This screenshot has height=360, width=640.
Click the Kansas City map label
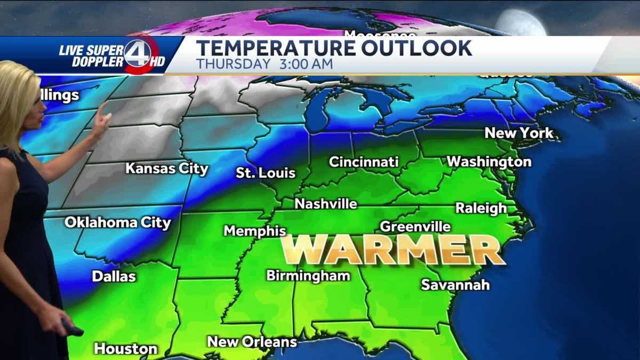pyautogui.click(x=166, y=169)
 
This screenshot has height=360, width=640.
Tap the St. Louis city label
pyautogui.click(x=266, y=173)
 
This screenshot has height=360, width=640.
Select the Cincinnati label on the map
pyautogui.click(x=364, y=162)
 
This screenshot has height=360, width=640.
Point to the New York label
pyautogui.click(x=519, y=133)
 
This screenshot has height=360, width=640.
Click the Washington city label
pyautogui.click(x=489, y=161)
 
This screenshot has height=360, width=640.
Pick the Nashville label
pyautogui.click(x=326, y=204)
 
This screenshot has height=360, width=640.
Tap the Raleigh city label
pyautogui.click(x=481, y=208)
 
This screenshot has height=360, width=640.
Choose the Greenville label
pyautogui.click(x=415, y=227)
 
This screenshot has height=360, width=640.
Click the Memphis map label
pyautogui.click(x=255, y=231)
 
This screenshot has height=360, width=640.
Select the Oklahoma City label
pyautogui.click(x=117, y=222)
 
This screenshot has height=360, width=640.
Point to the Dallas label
pyautogui.click(x=114, y=276)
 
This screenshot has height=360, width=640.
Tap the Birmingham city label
pyautogui.click(x=308, y=276)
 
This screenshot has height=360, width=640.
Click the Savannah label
pyautogui.click(x=455, y=284)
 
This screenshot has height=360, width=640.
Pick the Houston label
pyautogui.click(x=125, y=349)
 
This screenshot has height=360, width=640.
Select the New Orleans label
pyautogui.click(x=252, y=341)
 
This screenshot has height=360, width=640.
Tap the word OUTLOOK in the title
pyautogui.click(x=415, y=48)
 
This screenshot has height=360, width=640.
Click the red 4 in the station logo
pyautogui.click(x=138, y=53)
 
